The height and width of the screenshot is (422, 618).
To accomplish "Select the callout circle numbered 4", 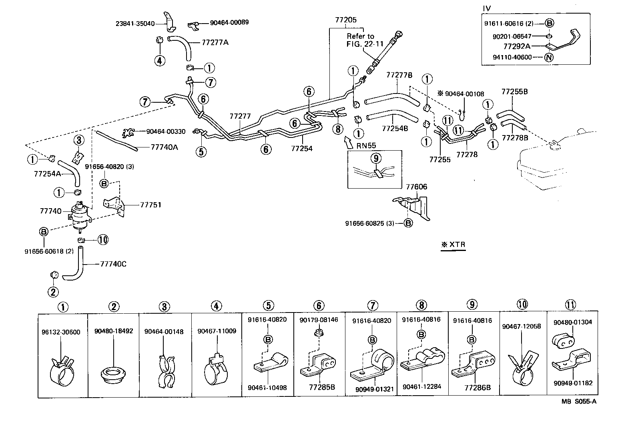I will coord(159,60).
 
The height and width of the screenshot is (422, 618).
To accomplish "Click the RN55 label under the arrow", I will coord(365,145).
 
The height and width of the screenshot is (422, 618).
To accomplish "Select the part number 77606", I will coord(417,187).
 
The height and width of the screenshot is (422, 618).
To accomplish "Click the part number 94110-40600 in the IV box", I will coord(512,57).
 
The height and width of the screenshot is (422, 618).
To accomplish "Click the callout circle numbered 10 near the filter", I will coord(103,240).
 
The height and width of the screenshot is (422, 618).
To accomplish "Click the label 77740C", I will coord(113,264).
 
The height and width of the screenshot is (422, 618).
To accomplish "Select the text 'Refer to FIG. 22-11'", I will coord(360,40).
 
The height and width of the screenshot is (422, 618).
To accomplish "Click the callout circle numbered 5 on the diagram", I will coord(201,151).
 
